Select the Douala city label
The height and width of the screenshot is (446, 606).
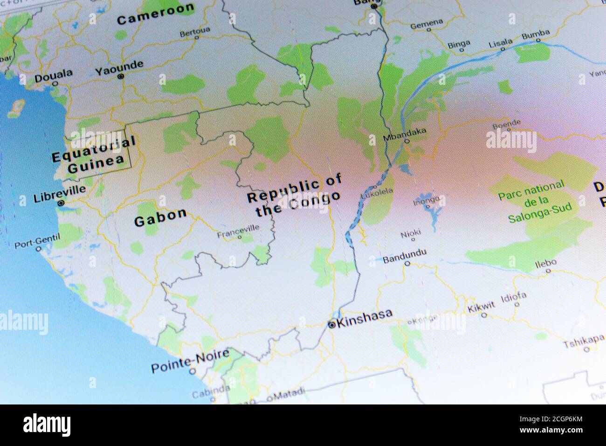(54, 74)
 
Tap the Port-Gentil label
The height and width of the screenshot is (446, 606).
(37, 241)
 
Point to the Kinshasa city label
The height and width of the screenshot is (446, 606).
(365, 318)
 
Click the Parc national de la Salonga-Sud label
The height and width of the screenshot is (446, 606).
(531, 202)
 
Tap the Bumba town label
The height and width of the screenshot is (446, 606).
(536, 34)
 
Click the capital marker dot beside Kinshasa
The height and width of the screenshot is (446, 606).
(331, 324)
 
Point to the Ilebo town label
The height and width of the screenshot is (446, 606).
(545, 263)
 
